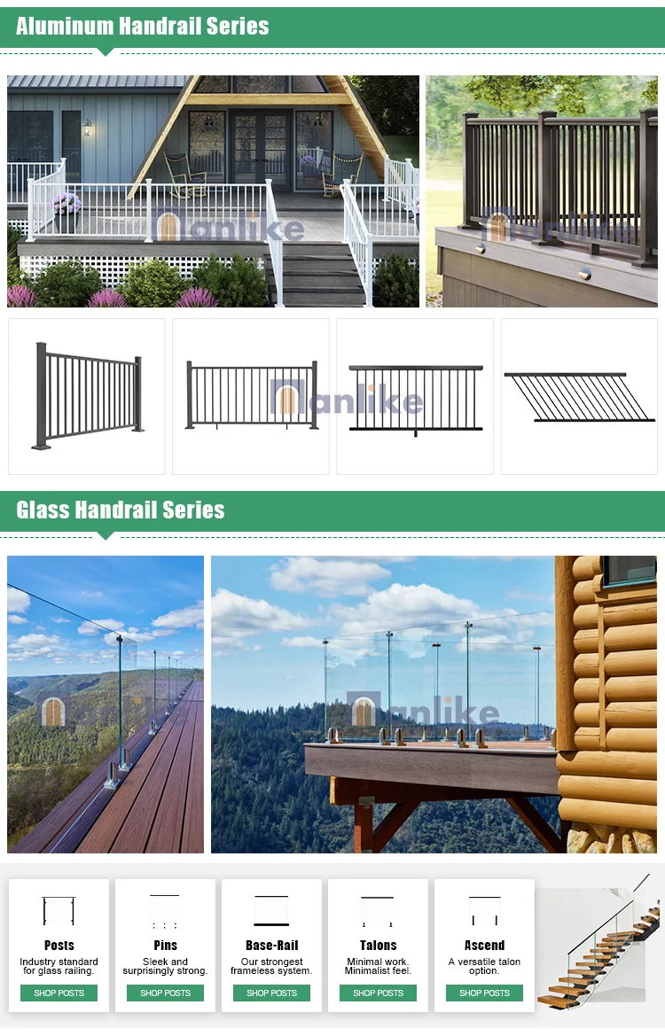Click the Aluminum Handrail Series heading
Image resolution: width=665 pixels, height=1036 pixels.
tap(142, 26)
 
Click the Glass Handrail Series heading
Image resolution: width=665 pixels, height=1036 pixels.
tap(120, 510)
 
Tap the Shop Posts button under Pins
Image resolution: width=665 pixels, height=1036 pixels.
tap(165, 993)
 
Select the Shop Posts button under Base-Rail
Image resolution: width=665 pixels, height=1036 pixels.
tap(271, 993)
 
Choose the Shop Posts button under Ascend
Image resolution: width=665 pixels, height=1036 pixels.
tap(484, 993)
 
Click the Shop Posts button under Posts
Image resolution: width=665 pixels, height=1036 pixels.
tap(59, 993)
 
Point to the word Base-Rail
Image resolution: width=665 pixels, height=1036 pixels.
tap(271, 946)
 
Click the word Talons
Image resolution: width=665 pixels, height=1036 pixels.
tap(378, 946)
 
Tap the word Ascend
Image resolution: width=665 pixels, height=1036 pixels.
tap(484, 946)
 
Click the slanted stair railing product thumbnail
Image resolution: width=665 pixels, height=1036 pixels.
tap(578, 396)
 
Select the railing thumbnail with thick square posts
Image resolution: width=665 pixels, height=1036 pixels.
tap(87, 396)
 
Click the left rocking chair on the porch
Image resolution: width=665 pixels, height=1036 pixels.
tap(184, 173)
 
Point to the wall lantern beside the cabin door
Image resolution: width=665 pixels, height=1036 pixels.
tap(87, 129)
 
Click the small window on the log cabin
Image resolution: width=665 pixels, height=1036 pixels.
tap(629, 570)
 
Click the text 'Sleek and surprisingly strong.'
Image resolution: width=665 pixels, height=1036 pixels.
tap(165, 966)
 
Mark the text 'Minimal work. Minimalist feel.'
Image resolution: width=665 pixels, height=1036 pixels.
tap(378, 966)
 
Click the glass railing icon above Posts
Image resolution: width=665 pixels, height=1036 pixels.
tap(59, 912)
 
